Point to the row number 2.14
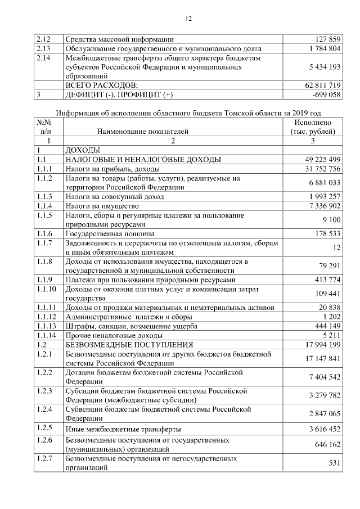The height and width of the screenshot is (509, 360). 43,58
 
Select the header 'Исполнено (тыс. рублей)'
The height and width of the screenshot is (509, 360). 313,127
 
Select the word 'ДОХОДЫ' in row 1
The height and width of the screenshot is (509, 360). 83,150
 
